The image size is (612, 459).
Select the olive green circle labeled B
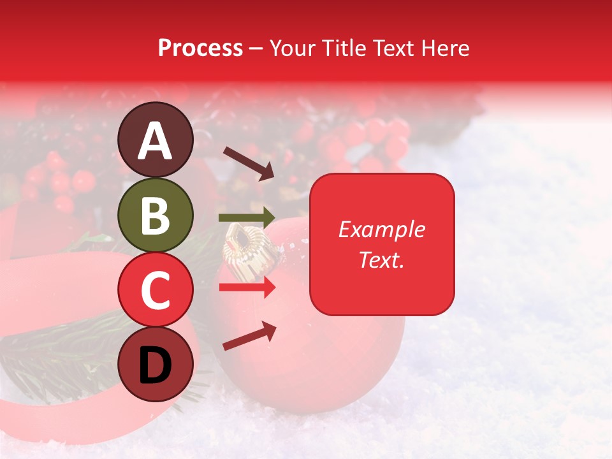[x=155, y=215]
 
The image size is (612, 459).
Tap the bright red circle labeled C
[x=155, y=289]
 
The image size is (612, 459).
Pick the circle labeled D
[x=155, y=364]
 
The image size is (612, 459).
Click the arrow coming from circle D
[x=249, y=337]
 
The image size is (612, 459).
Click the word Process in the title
[x=200, y=48]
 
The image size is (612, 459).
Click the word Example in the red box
[x=382, y=229]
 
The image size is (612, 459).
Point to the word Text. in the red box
[x=382, y=259]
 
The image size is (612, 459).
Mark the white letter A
[x=155, y=140]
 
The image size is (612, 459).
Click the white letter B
[x=155, y=215]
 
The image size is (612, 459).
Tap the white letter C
[x=155, y=290]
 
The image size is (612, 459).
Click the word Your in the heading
[x=293, y=48]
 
